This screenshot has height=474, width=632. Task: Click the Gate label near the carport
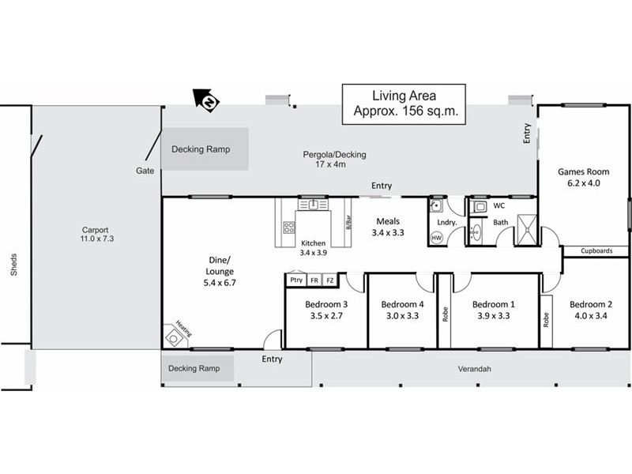[143, 171]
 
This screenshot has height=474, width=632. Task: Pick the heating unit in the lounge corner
[174, 335]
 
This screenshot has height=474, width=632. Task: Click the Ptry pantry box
[296, 280]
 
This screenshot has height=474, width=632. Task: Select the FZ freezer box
[330, 280]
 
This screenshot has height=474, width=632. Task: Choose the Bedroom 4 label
[403, 310]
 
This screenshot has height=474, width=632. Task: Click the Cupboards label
[596, 252]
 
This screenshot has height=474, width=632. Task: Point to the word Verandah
[476, 368]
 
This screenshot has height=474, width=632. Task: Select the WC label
[498, 205]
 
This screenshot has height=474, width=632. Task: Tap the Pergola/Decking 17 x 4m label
[335, 160]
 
